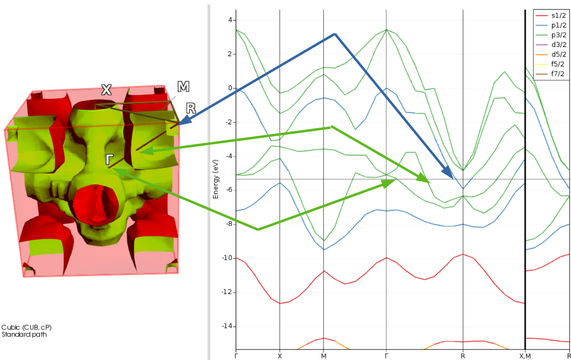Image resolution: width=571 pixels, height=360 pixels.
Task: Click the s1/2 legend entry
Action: [x=556, y=16]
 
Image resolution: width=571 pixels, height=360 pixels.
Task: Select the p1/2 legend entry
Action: [x=556, y=26]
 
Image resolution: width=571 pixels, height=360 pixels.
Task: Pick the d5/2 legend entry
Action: [x=556, y=55]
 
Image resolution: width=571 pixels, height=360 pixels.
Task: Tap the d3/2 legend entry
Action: [x=556, y=45]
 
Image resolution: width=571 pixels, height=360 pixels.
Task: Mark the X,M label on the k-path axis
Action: [x=525, y=356]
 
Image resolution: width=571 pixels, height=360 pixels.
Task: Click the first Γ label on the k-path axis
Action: [x=236, y=356]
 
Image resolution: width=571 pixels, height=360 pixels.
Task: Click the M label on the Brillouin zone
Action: [x=183, y=86]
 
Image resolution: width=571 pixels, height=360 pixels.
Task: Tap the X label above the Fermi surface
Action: [x=106, y=90]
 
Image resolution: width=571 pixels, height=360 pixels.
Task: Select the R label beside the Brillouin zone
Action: [x=191, y=108]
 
